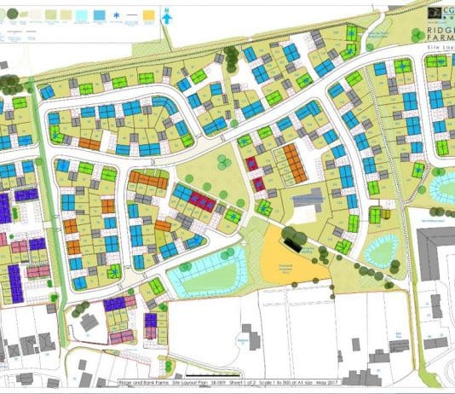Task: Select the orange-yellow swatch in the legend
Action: [148, 15]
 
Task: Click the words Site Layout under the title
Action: [440, 49]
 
